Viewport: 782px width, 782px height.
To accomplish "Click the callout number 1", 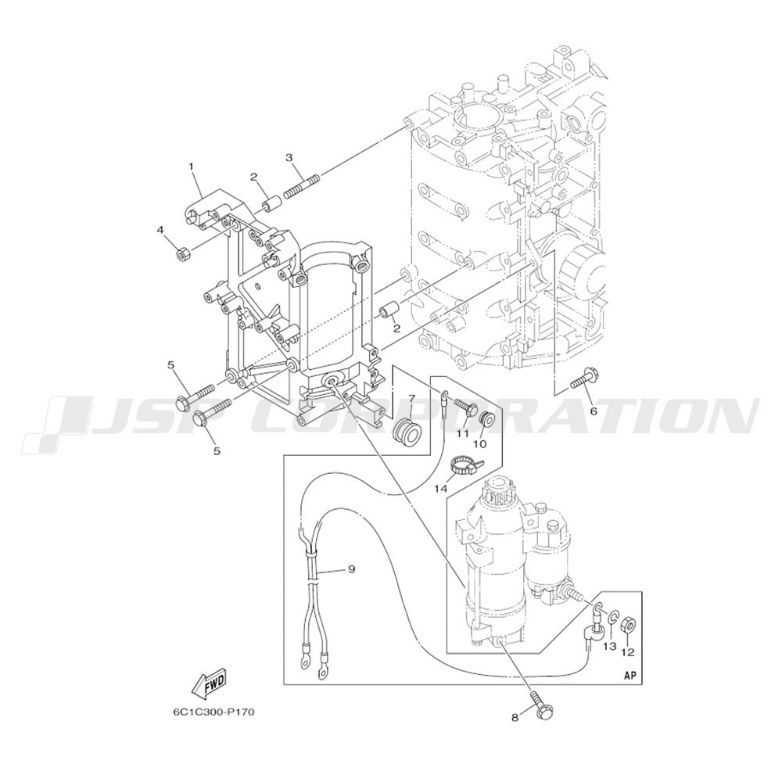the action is (x=191, y=166).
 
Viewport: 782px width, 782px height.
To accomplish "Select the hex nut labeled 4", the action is (x=182, y=253).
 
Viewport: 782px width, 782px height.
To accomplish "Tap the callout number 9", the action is (x=351, y=569).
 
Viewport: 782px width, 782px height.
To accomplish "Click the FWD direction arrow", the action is (x=210, y=682).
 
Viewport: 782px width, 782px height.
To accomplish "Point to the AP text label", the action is (x=630, y=676).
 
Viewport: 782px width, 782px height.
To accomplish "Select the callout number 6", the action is (x=594, y=411).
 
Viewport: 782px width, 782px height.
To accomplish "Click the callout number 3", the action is (x=289, y=158).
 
